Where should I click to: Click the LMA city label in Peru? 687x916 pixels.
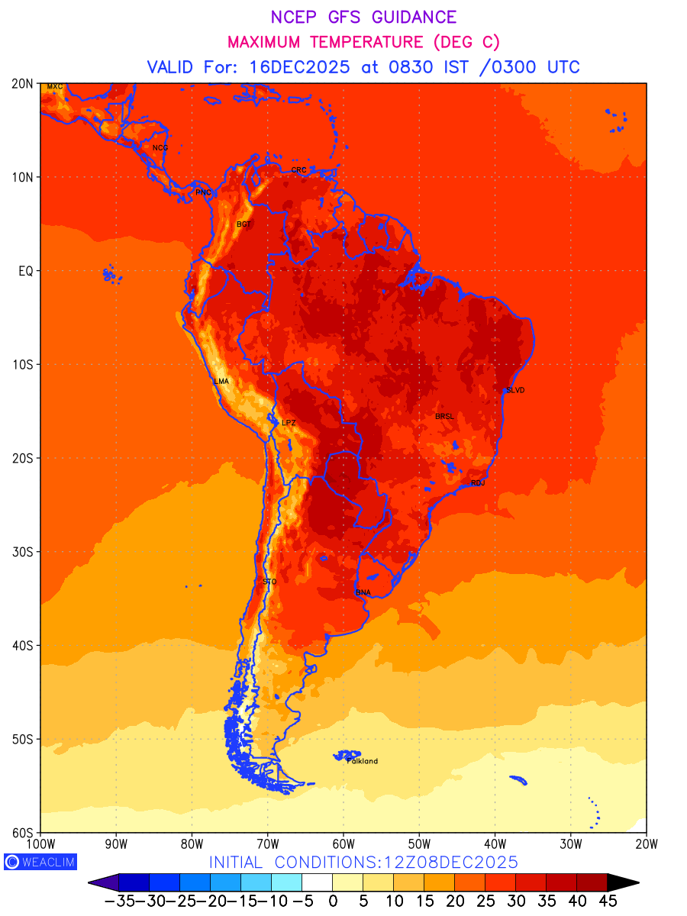[221, 381]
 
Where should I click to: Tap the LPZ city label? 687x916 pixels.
[288, 422]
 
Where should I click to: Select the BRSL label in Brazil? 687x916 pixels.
[444, 416]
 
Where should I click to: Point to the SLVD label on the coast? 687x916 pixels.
[515, 390]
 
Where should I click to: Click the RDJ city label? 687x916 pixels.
[478, 483]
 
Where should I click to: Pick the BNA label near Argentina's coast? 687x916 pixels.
[363, 592]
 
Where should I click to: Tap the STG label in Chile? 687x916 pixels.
[269, 582]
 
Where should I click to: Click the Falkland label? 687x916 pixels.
[363, 761]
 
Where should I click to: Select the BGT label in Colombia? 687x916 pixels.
[244, 224]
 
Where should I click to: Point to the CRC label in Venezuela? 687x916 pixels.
[298, 169]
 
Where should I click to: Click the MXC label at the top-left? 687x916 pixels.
[54, 86]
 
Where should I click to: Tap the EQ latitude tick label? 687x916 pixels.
[24, 271]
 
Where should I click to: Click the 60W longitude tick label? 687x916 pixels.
[343, 843]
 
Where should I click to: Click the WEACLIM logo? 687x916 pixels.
[40, 862]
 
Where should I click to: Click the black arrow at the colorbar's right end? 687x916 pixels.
[623, 883]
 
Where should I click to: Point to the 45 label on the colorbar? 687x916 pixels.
[608, 901]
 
